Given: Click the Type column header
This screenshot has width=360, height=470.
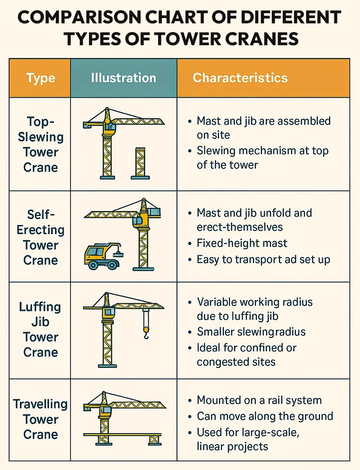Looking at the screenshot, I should click(40, 78).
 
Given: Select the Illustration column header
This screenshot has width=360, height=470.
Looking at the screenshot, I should click(123, 78).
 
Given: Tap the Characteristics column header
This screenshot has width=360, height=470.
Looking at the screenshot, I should click(240, 78).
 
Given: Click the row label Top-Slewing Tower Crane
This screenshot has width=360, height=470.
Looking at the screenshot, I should click(40, 144).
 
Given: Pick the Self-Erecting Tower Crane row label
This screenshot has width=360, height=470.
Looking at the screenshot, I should click(40, 237).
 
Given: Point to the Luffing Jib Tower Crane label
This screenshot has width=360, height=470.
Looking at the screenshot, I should click(40, 329).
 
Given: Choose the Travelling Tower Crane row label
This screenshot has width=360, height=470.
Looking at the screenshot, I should click(40, 419).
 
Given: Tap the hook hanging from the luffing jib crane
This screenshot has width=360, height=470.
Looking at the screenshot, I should click(146, 332).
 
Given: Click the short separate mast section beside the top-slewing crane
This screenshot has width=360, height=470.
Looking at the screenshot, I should click(140, 163).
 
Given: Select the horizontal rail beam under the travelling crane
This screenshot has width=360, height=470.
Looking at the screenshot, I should click(123, 435).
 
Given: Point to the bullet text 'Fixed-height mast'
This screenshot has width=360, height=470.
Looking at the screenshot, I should click(242, 243).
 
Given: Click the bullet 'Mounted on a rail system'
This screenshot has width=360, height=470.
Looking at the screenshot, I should click(259, 400).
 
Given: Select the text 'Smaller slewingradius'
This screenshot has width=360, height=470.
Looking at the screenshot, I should click(251, 332).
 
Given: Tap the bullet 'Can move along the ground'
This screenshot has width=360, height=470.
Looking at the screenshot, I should click(265, 416).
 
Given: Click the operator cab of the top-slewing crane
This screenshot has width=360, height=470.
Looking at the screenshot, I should click(110, 127).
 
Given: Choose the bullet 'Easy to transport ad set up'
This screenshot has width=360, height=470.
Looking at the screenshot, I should click(263, 260).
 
